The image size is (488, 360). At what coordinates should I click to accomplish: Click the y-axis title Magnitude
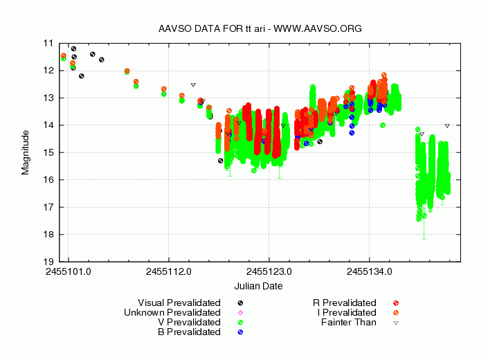coord(26,152)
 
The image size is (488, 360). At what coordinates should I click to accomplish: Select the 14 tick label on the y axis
coord(48,125)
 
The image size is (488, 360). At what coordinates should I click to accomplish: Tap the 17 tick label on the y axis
coord(48,207)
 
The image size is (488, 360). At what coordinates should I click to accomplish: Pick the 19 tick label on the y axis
coord(48,262)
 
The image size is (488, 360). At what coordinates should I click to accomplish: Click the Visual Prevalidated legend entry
coord(179,303)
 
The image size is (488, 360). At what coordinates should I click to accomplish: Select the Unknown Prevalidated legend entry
coord(172,312)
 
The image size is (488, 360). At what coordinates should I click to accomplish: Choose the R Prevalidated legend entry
coord(345,303)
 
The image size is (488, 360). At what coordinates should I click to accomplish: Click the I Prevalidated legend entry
coord(347,312)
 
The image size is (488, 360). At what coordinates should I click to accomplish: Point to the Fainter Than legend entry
coord(349,322)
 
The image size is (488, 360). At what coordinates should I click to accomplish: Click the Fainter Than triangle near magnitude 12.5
coord(193,84)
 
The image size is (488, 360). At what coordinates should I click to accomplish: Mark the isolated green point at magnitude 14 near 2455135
coord(383,125)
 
